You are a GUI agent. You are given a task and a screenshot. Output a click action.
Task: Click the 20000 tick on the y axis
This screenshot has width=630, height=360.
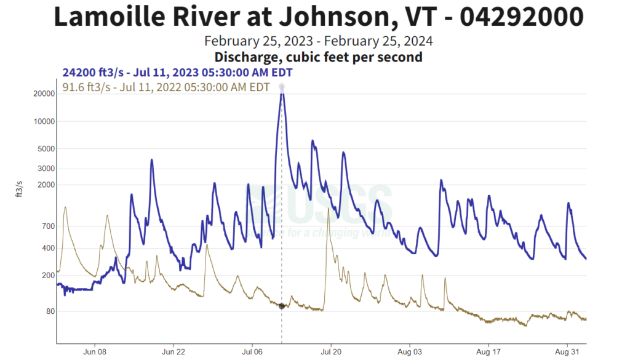pyautogui.click(x=41, y=94)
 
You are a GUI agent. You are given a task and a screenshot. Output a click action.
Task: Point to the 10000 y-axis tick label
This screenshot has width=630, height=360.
pyautogui.click(x=41, y=121)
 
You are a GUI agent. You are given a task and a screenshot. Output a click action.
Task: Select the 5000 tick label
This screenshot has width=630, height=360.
pyautogui.click(x=43, y=148)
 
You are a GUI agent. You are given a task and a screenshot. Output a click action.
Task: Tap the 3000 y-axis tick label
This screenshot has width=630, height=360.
pyautogui.click(x=43, y=169)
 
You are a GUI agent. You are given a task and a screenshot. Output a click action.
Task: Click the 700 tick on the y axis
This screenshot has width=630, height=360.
pyautogui.click(x=46, y=226)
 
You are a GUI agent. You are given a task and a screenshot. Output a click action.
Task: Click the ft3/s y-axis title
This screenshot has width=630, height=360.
pyautogui.click(x=18, y=189)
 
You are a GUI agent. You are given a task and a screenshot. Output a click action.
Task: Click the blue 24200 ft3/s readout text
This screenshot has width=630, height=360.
pyautogui.click(x=177, y=73)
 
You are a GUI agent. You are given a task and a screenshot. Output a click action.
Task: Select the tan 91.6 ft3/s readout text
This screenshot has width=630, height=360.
pyautogui.click(x=166, y=87)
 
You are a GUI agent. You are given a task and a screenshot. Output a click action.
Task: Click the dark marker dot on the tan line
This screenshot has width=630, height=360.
pyautogui.click(x=282, y=306)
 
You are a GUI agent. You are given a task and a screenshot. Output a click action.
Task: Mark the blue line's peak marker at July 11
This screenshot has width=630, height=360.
pyautogui.click(x=282, y=87)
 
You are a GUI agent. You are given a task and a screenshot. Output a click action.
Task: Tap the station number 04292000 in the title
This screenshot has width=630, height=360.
pyautogui.click(x=521, y=17)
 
